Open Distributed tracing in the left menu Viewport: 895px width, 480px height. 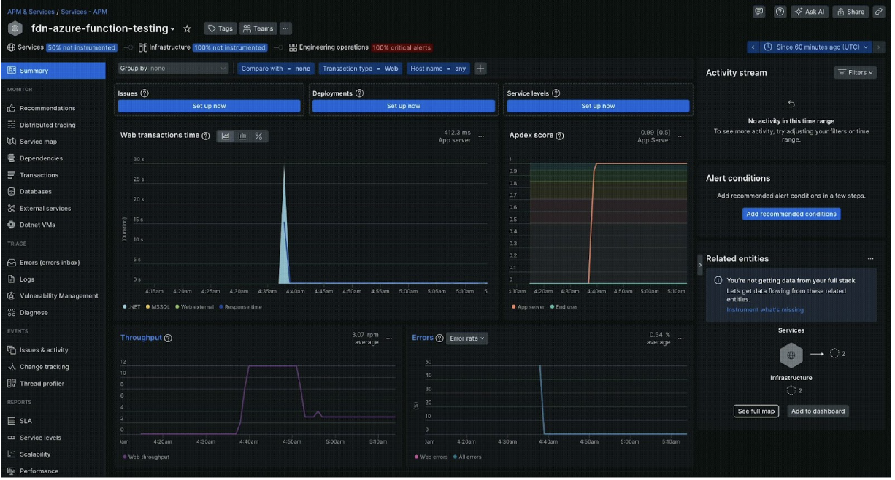pos(47,125)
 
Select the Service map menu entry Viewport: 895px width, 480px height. pos(38,142)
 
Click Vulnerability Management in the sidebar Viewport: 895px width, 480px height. pos(58,296)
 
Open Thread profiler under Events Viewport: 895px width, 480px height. pos(42,384)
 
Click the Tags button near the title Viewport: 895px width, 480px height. pos(220,28)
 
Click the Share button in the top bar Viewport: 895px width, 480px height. pos(850,12)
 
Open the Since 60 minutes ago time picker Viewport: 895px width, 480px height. pos(816,47)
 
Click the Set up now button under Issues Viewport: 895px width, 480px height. pos(209,106)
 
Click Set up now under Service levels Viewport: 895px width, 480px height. pos(598,106)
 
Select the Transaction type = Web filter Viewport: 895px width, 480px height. pos(361,69)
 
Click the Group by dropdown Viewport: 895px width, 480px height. pos(174,69)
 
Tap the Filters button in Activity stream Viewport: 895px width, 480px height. pos(855,73)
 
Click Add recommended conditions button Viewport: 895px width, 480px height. pos(791,214)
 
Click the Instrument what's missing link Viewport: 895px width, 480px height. pos(764,310)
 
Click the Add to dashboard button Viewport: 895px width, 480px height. pos(818,411)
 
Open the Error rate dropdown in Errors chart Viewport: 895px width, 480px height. pos(468,338)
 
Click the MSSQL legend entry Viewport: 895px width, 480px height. pos(159,307)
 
